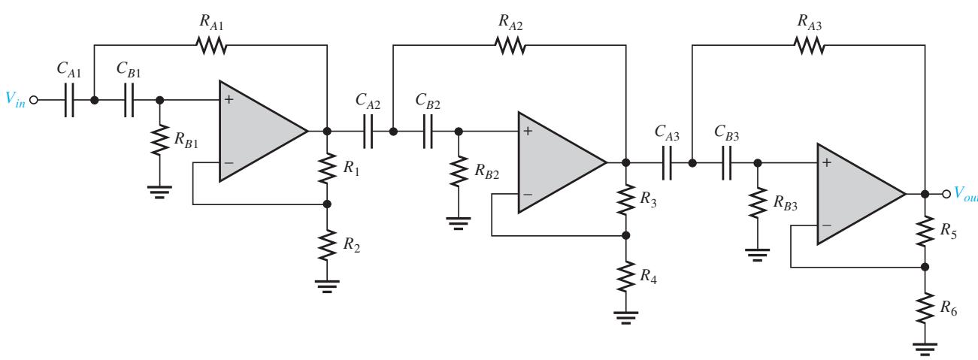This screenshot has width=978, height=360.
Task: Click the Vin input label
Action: click(x=15, y=99)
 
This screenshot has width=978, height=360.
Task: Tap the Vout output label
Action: click(x=966, y=194)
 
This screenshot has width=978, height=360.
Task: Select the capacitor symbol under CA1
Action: click(x=69, y=100)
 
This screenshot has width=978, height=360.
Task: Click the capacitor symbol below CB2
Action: click(x=428, y=132)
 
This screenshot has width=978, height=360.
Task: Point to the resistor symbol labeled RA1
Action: click(x=211, y=45)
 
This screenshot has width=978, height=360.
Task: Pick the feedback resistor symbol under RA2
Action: click(x=510, y=45)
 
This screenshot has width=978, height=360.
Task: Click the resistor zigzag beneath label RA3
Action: click(x=809, y=45)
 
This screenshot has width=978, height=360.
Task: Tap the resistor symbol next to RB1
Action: click(x=160, y=140)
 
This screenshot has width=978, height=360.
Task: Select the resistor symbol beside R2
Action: click(x=327, y=245)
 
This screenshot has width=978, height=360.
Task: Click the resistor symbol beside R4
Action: click(x=625, y=277)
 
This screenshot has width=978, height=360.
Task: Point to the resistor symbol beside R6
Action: click(x=925, y=307)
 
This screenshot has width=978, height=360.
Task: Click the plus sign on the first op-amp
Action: click(x=229, y=99)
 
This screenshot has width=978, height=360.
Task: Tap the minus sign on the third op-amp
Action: click(x=826, y=225)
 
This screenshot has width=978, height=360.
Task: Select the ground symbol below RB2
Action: click(x=459, y=223)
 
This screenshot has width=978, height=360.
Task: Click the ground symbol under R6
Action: click(x=925, y=349)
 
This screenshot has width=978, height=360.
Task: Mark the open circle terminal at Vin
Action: click(x=34, y=100)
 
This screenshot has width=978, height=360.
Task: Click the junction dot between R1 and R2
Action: click(x=327, y=204)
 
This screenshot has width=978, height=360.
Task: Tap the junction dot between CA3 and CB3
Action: click(x=692, y=163)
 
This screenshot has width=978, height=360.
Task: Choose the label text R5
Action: click(x=948, y=231)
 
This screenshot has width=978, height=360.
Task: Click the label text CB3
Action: click(x=726, y=133)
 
